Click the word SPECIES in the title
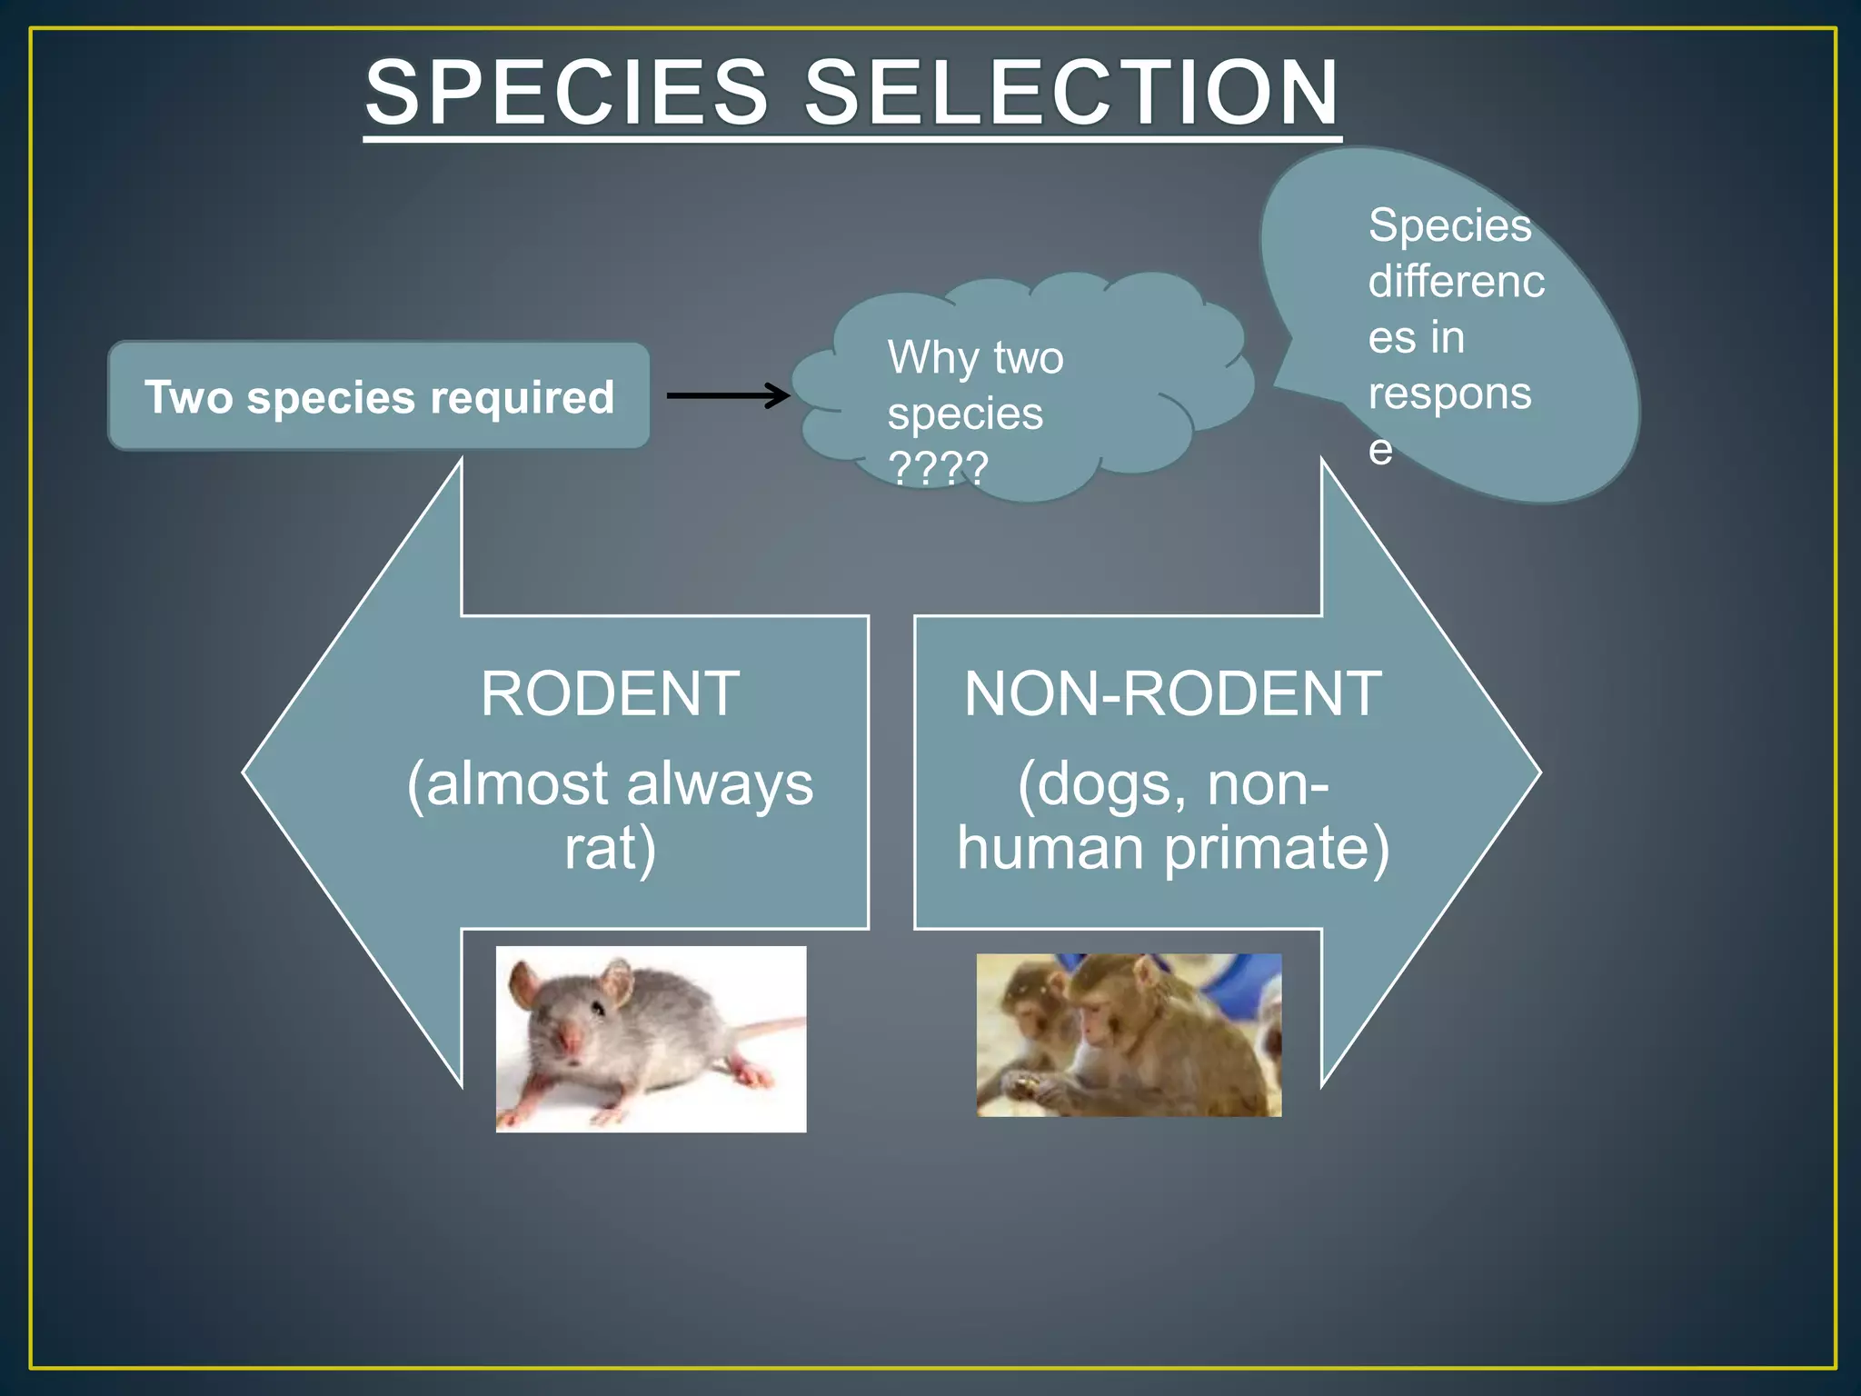pos(567,93)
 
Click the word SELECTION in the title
pos(1072,93)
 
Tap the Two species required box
pos(379,396)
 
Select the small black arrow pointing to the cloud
pos(727,395)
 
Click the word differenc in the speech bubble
pos(1456,282)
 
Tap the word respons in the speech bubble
pos(1449,394)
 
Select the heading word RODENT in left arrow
pos(610,694)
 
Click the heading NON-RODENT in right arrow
pos(1172,694)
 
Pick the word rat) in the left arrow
pos(610,848)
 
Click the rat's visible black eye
pos(597,1008)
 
